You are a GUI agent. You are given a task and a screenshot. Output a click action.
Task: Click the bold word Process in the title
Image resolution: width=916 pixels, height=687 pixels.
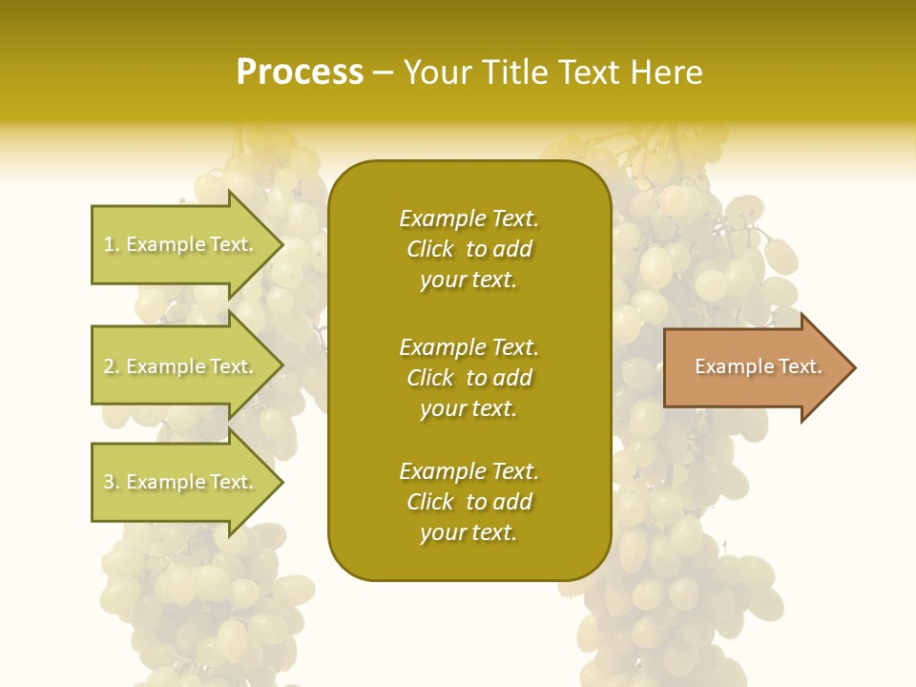coord(300,73)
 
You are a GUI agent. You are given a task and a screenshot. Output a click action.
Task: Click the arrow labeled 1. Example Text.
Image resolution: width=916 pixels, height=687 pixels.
coord(181,244)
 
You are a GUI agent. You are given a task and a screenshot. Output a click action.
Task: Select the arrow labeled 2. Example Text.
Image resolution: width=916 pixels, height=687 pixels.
coord(181,366)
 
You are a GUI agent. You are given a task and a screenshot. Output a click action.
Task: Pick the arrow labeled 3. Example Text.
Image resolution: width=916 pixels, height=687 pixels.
coord(181,482)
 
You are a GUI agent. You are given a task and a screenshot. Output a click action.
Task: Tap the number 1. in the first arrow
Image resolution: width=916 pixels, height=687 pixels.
coord(112,244)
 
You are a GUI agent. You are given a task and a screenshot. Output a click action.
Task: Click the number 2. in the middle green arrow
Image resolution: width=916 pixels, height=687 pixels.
coord(112,366)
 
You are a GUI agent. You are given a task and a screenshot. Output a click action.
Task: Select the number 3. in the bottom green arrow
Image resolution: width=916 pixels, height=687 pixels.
coord(112,482)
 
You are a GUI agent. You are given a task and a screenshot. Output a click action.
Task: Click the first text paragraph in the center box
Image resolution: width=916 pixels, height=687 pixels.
coord(468,249)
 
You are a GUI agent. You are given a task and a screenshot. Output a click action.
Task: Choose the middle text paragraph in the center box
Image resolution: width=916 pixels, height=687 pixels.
coord(468,378)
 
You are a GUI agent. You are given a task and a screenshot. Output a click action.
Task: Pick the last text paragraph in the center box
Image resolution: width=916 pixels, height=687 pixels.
coord(468,502)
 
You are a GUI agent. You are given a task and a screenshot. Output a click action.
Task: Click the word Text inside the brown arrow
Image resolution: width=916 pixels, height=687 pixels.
coord(800,366)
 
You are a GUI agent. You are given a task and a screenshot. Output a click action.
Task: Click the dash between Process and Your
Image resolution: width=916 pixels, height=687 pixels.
coord(384,73)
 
